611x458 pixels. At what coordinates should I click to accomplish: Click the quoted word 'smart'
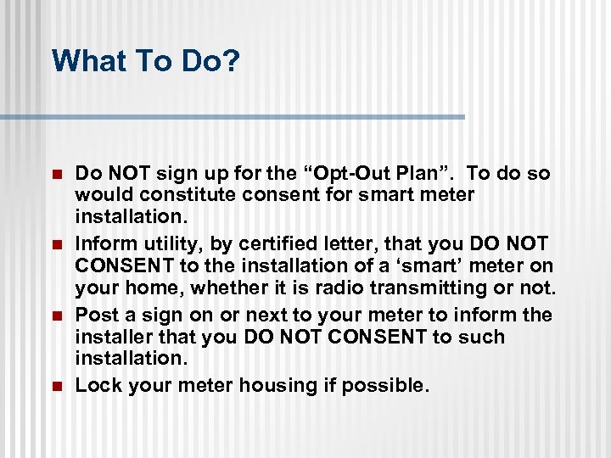point(401,266)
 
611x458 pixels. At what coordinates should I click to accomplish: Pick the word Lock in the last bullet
point(96,386)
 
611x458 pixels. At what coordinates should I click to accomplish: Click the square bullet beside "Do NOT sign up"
point(57,174)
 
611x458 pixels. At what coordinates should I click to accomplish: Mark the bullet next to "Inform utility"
point(57,245)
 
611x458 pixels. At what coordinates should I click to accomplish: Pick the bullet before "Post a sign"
point(57,316)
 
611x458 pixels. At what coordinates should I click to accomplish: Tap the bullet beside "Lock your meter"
point(57,386)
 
